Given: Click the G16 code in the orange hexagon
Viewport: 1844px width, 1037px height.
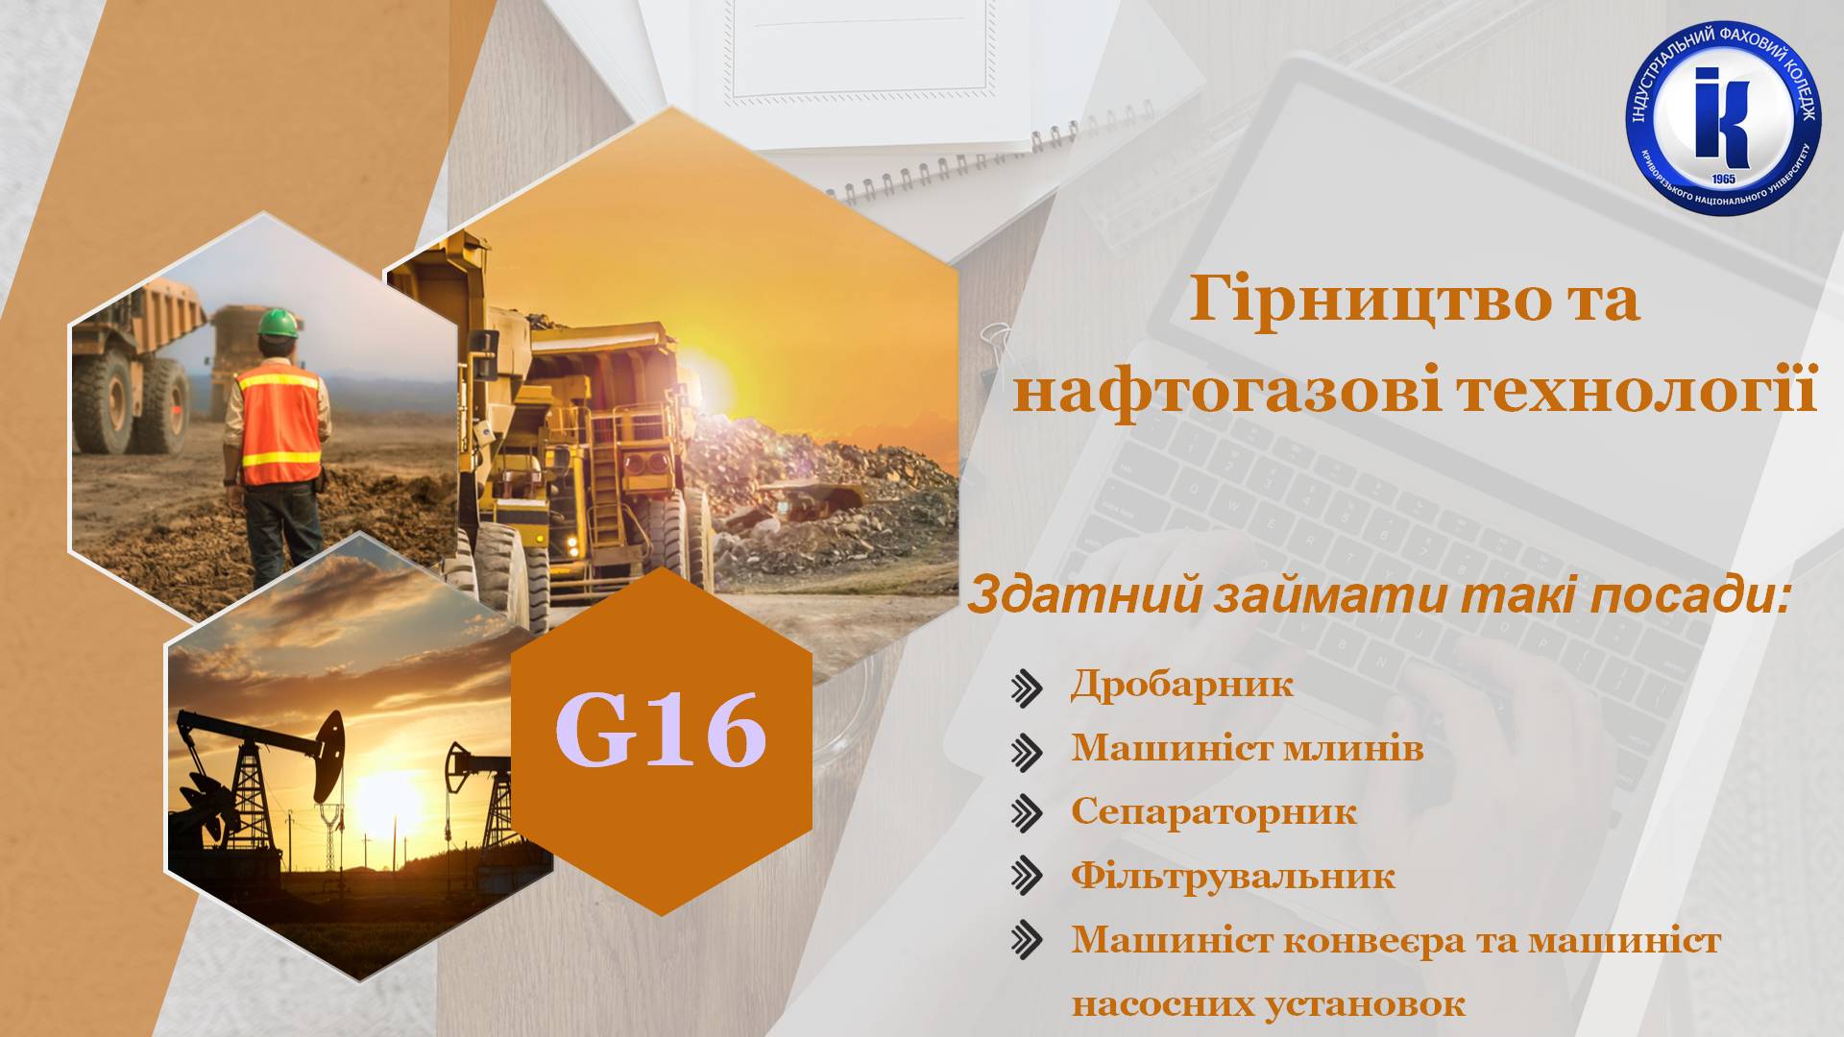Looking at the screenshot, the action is (x=661, y=733).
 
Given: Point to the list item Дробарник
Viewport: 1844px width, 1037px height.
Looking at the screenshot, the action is (x=1181, y=685).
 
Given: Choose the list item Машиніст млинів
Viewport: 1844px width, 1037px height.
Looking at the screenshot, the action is (x=1247, y=748).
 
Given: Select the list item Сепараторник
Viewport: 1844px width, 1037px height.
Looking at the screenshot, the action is (x=1213, y=812).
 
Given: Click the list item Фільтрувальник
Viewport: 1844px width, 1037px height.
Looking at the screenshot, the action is (x=1232, y=876).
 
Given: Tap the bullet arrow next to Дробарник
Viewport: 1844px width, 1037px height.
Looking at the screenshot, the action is (x=1027, y=687).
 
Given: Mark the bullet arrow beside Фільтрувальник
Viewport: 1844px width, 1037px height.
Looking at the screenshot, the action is (x=1027, y=878).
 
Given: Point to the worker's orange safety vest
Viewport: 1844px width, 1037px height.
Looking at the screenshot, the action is (x=280, y=422).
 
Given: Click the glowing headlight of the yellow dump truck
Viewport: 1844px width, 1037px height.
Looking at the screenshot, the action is (x=575, y=544).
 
